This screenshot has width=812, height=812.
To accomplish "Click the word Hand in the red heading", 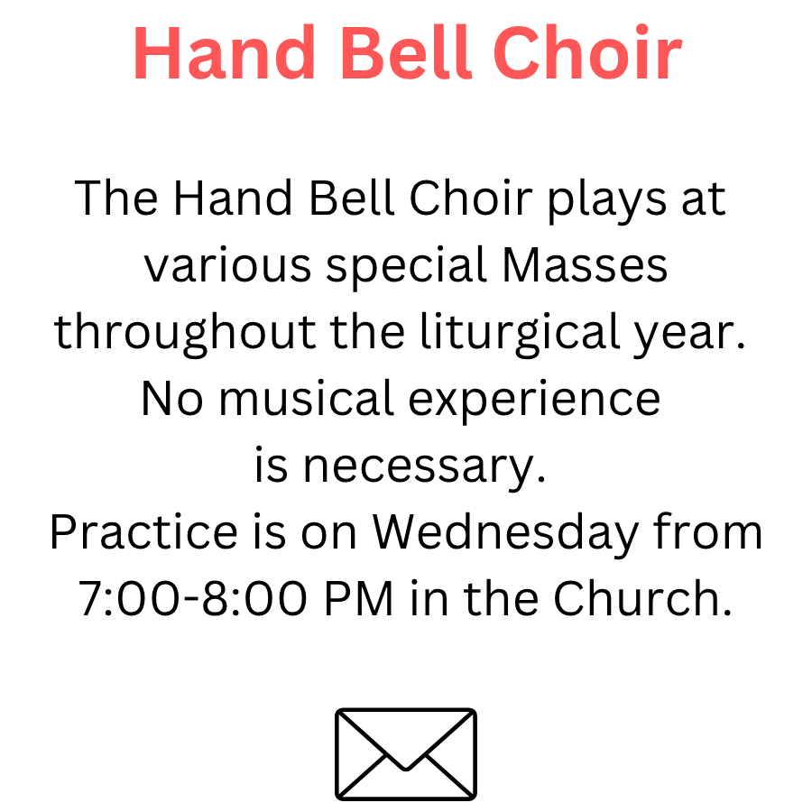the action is [225, 53].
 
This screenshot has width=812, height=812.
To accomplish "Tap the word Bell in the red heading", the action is [405, 52].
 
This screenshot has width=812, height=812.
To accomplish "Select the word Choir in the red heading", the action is [587, 52].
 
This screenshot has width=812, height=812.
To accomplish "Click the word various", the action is [227, 266].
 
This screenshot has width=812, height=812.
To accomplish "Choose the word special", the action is [406, 267].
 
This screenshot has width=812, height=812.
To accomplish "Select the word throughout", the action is [185, 334].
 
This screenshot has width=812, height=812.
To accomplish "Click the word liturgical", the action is [520, 334].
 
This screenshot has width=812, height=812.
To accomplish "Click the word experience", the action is [534, 401].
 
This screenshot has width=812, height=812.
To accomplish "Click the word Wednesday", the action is [505, 535].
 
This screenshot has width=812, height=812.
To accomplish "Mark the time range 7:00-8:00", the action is [193, 599].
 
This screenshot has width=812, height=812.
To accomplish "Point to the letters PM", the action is [358, 599].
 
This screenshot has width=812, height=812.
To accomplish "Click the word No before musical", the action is [172, 399].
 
